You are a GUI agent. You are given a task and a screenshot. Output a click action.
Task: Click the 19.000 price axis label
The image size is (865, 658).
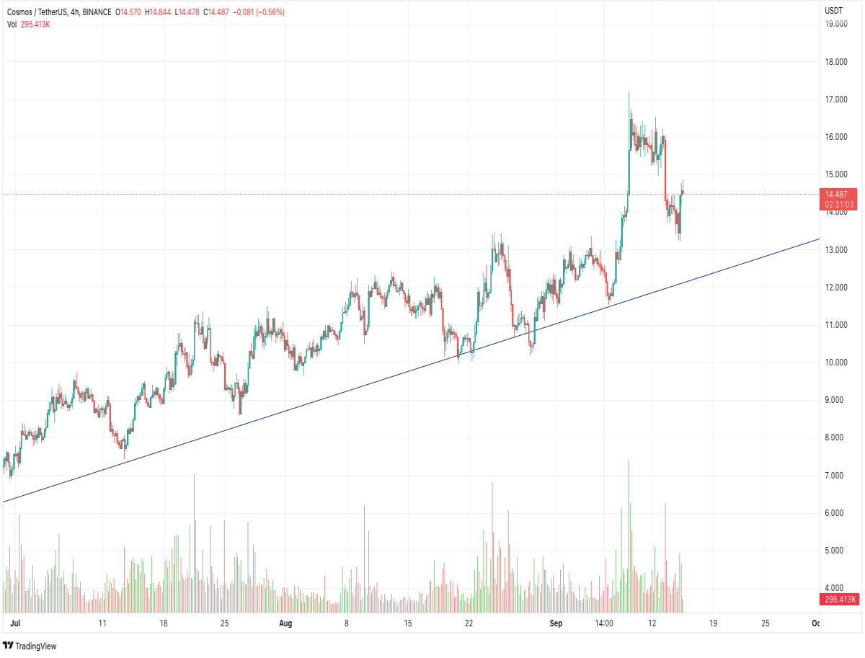(836, 24)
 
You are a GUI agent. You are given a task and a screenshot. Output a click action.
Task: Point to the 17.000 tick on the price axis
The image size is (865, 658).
(836, 99)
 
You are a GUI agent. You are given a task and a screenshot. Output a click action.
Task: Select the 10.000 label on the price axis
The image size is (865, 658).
(836, 362)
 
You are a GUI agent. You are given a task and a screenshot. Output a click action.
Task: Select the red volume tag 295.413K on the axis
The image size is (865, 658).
(839, 600)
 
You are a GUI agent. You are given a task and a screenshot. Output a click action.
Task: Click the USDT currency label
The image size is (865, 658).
(833, 11)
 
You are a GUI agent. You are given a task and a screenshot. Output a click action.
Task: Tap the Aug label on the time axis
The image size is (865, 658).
(285, 623)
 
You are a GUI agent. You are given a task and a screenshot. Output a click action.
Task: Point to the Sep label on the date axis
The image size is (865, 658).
(556, 623)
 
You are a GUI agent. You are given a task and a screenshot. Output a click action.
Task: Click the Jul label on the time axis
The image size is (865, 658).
(15, 623)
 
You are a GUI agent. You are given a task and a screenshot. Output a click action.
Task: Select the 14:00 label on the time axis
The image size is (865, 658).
(604, 623)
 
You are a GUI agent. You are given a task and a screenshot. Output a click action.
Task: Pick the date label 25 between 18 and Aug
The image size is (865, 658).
(224, 623)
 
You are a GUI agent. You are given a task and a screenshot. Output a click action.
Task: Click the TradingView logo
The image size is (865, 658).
(30, 646)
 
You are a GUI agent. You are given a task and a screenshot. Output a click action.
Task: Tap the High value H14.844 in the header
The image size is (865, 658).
(158, 12)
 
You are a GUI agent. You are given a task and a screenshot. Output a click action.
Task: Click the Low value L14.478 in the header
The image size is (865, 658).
(187, 12)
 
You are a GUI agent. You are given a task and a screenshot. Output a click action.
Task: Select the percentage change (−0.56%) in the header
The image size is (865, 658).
(270, 12)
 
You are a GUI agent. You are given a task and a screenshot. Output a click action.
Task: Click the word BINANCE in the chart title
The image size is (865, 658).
(97, 12)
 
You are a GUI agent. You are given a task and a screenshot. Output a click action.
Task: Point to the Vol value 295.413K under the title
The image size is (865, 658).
(35, 25)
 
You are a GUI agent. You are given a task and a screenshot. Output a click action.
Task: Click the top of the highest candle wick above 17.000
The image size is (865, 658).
(629, 92)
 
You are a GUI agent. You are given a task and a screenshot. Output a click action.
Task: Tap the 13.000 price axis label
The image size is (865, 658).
(836, 250)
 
